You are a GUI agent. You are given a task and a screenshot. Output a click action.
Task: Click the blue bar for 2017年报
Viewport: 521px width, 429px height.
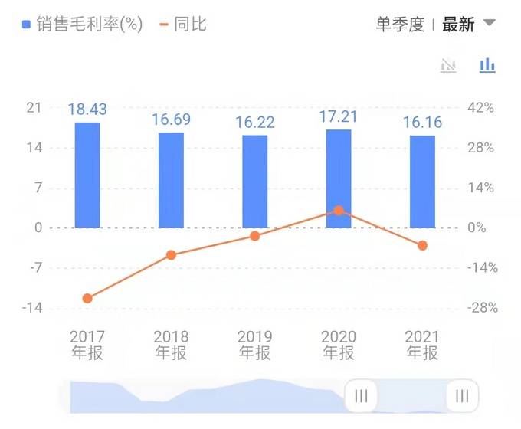(x=87, y=175)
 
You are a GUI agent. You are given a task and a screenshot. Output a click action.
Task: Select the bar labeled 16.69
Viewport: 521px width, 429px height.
(x=171, y=180)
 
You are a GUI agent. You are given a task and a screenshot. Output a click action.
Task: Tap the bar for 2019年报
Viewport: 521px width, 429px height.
(x=254, y=182)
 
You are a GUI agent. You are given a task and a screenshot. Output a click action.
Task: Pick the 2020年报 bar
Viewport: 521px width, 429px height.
(x=339, y=178)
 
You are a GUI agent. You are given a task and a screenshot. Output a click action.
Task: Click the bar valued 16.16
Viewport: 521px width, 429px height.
(x=422, y=182)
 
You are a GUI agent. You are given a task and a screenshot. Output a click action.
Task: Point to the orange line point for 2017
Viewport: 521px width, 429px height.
(x=87, y=298)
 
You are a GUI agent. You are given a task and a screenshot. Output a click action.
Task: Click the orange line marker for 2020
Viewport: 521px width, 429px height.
(x=339, y=210)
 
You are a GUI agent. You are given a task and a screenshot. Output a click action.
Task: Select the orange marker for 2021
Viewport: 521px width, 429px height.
(x=422, y=245)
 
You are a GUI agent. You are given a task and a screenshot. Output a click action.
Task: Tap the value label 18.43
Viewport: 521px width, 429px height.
(x=87, y=110)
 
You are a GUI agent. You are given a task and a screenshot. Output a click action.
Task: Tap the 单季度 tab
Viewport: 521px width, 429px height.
(x=399, y=25)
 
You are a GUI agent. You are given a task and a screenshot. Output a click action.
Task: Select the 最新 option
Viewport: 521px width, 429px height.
(x=458, y=25)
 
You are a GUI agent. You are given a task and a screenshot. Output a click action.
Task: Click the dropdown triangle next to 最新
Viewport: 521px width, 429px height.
(x=489, y=23)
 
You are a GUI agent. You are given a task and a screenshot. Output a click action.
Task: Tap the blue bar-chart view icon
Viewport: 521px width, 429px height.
(x=487, y=65)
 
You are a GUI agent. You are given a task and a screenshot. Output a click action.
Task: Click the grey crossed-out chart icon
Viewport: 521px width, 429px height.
(x=449, y=65)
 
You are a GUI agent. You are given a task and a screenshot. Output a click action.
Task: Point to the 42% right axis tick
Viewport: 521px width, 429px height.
(x=481, y=108)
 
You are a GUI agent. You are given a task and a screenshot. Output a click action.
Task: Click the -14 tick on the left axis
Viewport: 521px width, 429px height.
(x=34, y=308)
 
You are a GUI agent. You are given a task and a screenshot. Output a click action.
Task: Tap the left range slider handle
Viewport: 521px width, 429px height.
(x=361, y=396)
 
